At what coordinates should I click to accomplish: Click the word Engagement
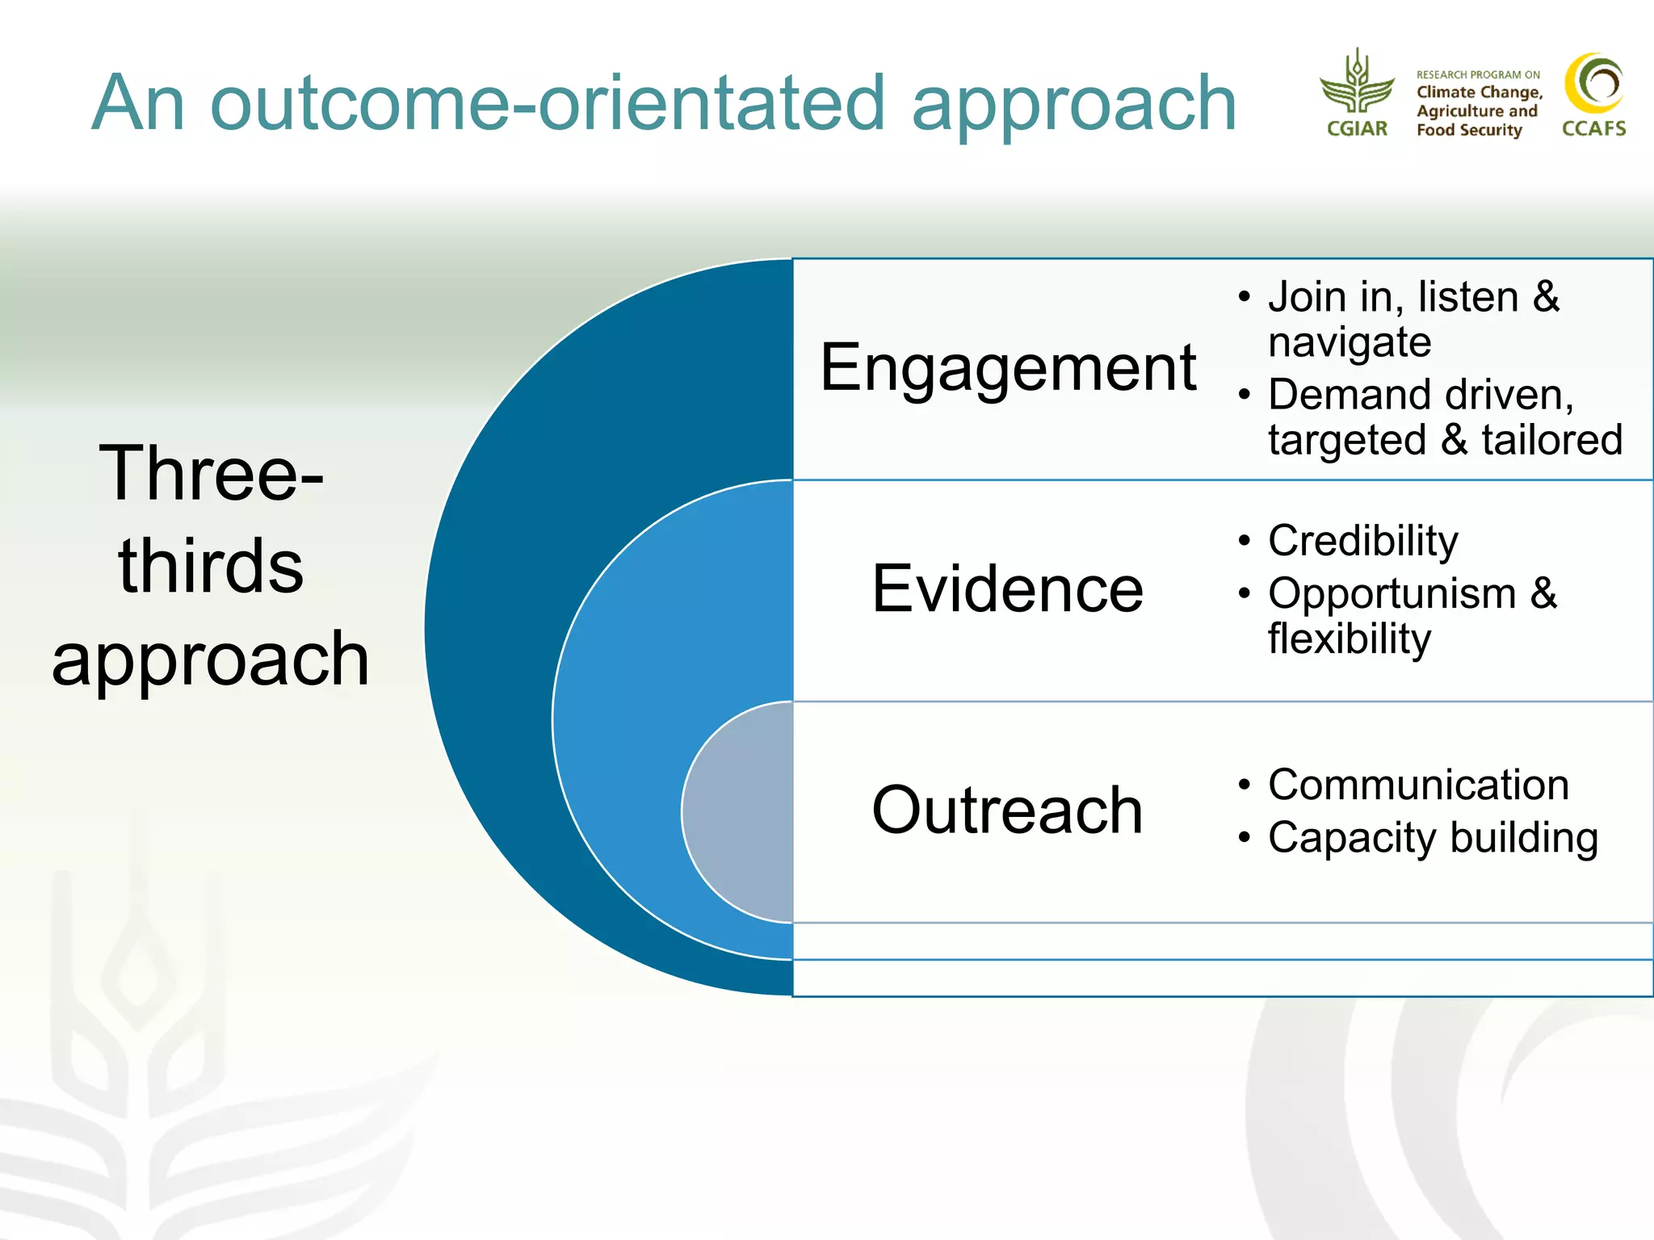(x=1007, y=368)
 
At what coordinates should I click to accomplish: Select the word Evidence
(x=1007, y=589)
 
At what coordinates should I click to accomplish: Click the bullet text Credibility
(x=1362, y=541)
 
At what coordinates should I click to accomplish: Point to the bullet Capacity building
(x=1433, y=837)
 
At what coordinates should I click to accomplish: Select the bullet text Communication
(x=1418, y=785)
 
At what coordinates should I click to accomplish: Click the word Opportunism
(x=1392, y=593)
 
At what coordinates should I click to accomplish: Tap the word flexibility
(x=1349, y=639)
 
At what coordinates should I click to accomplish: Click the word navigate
(x=1349, y=343)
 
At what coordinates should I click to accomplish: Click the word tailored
(x=1551, y=441)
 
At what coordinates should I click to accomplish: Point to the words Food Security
(x=1468, y=130)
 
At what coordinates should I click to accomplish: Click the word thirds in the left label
(x=211, y=566)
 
